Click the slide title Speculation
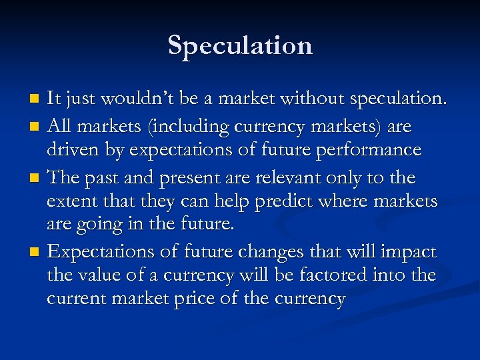pyautogui.click(x=240, y=45)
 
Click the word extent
pyautogui.click(x=71, y=201)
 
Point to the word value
pyautogui.click(x=99, y=275)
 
